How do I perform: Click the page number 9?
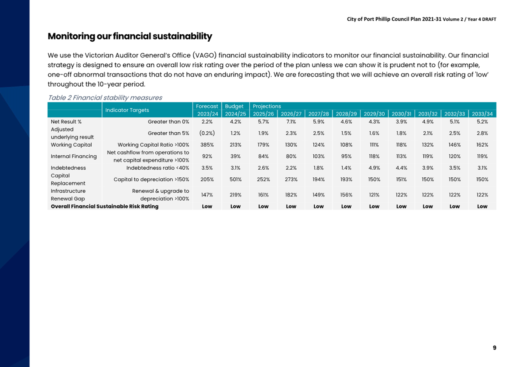point(494,347)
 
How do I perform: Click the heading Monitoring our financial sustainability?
point(130,36)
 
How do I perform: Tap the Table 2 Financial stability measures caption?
point(105,98)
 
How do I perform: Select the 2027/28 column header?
point(318,114)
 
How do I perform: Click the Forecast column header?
point(207,106)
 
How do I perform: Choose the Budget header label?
point(234,106)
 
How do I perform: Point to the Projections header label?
point(267,106)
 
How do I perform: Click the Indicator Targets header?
point(127,110)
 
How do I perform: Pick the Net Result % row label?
point(66,121)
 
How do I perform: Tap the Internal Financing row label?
point(74,156)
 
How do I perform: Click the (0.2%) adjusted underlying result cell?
point(207,133)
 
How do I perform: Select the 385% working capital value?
point(207,145)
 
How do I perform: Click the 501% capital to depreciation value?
point(235,179)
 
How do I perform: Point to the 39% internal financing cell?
point(235,156)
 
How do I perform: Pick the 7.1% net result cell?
point(291,121)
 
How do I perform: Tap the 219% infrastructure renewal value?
point(235,195)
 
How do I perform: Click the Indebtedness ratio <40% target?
point(157,168)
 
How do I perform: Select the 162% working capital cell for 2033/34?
point(482,145)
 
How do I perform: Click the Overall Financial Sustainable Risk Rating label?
point(104,206)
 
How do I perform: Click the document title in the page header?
point(421,19)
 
